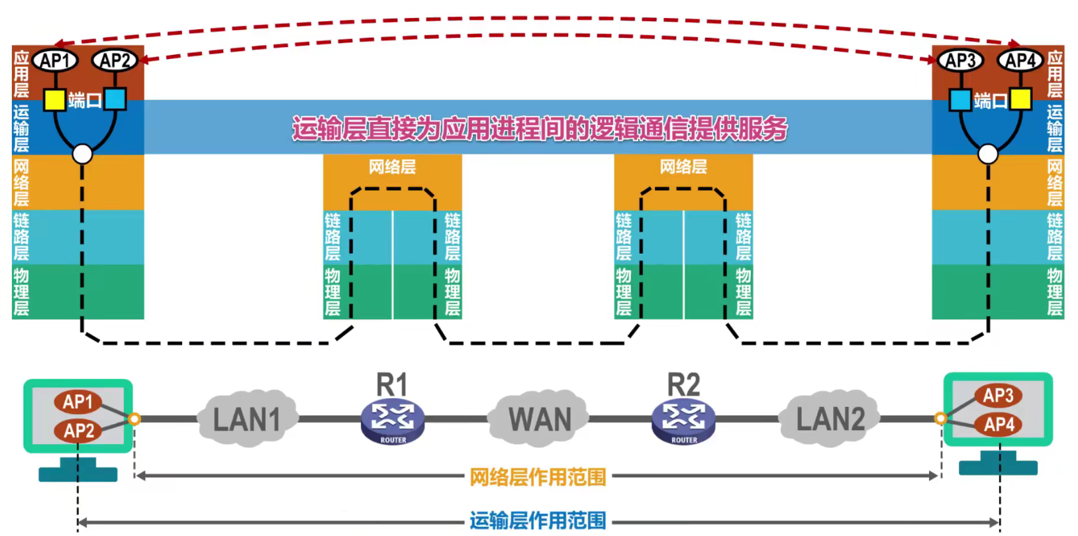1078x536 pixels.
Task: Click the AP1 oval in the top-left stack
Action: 55,60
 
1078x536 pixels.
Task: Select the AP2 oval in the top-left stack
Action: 115,60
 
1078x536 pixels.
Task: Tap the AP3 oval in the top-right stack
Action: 960,60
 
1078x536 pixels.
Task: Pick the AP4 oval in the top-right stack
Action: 1020,60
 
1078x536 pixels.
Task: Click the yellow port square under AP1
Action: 54,100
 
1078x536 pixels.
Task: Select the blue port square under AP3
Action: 960,100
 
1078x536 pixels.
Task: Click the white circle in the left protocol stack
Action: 82,154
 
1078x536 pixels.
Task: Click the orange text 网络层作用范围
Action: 538,477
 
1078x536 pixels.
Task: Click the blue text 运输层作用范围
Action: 538,521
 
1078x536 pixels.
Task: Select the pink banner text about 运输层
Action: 540,128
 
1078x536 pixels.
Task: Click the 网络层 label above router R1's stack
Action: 392,167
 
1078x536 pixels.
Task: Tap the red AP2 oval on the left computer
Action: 78,431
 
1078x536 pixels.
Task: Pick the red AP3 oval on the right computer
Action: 998,396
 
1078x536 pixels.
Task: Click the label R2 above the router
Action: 683,385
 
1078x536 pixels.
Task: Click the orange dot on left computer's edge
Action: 134,419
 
